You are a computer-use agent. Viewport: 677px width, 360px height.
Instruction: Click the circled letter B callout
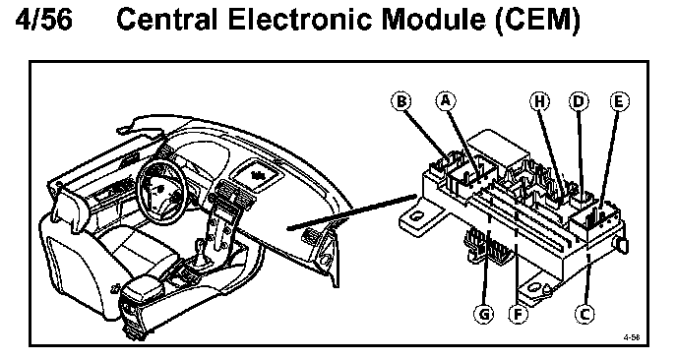click(x=401, y=101)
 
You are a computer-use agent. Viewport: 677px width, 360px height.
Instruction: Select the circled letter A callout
click(x=446, y=100)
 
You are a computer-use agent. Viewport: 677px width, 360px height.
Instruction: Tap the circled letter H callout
click(x=539, y=101)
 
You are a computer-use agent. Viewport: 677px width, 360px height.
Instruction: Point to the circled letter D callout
click(x=579, y=101)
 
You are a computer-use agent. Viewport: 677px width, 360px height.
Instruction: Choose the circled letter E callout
click(x=619, y=101)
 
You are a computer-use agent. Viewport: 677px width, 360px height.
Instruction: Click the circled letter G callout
click(x=484, y=314)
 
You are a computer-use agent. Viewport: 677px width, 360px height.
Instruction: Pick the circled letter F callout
click(x=519, y=314)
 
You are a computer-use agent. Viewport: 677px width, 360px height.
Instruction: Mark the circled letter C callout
click(x=585, y=314)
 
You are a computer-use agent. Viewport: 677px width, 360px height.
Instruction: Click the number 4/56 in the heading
click(x=43, y=20)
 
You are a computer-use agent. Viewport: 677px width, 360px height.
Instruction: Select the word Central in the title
click(x=166, y=20)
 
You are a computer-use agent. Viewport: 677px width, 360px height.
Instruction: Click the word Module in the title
click(x=433, y=20)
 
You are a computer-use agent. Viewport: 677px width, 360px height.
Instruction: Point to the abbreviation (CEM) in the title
click(x=537, y=21)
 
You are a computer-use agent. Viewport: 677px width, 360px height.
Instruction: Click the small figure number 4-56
click(x=631, y=337)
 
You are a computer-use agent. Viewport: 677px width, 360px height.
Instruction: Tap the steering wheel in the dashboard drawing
click(x=160, y=190)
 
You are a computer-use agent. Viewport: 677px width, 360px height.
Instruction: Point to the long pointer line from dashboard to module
click(x=352, y=211)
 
